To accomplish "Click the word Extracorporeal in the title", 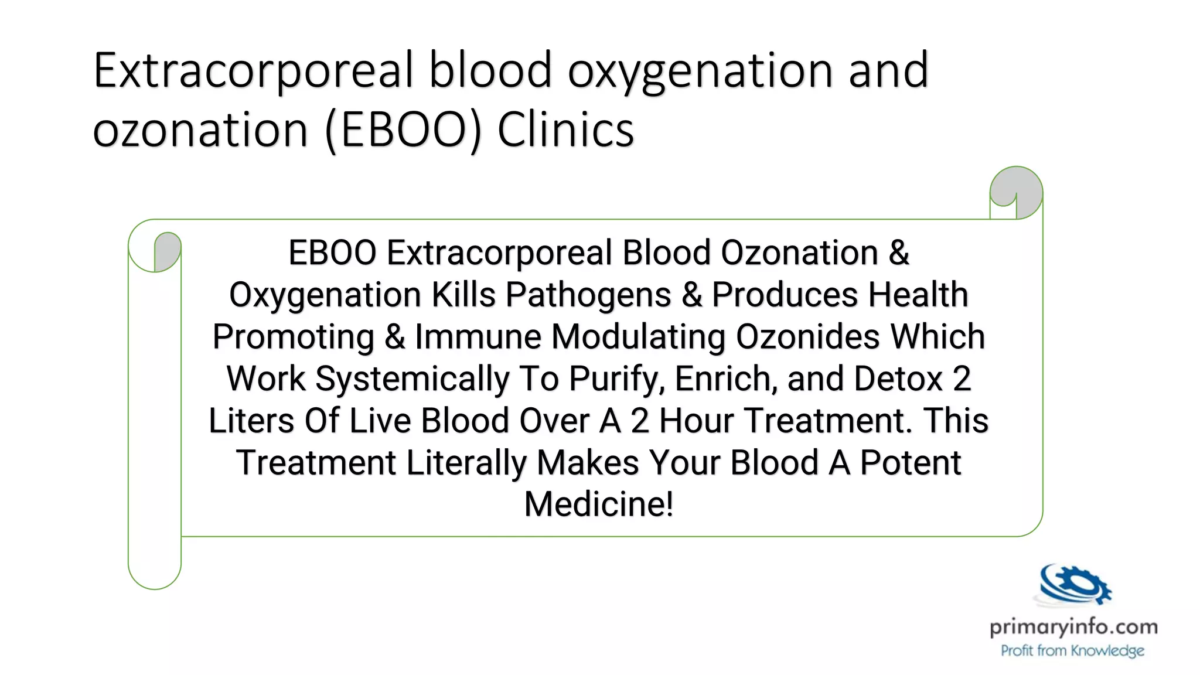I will tap(254, 70).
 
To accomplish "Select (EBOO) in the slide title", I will tap(403, 130).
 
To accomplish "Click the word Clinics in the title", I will tap(565, 130).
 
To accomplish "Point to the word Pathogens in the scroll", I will tap(588, 295).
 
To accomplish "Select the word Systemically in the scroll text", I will tap(412, 379).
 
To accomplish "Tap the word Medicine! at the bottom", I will tap(599, 504).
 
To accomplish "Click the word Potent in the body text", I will tap(910, 463).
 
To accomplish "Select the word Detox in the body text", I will tap(898, 379).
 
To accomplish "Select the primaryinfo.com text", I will tap(1073, 628).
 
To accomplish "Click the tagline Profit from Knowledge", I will tap(1072, 651).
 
